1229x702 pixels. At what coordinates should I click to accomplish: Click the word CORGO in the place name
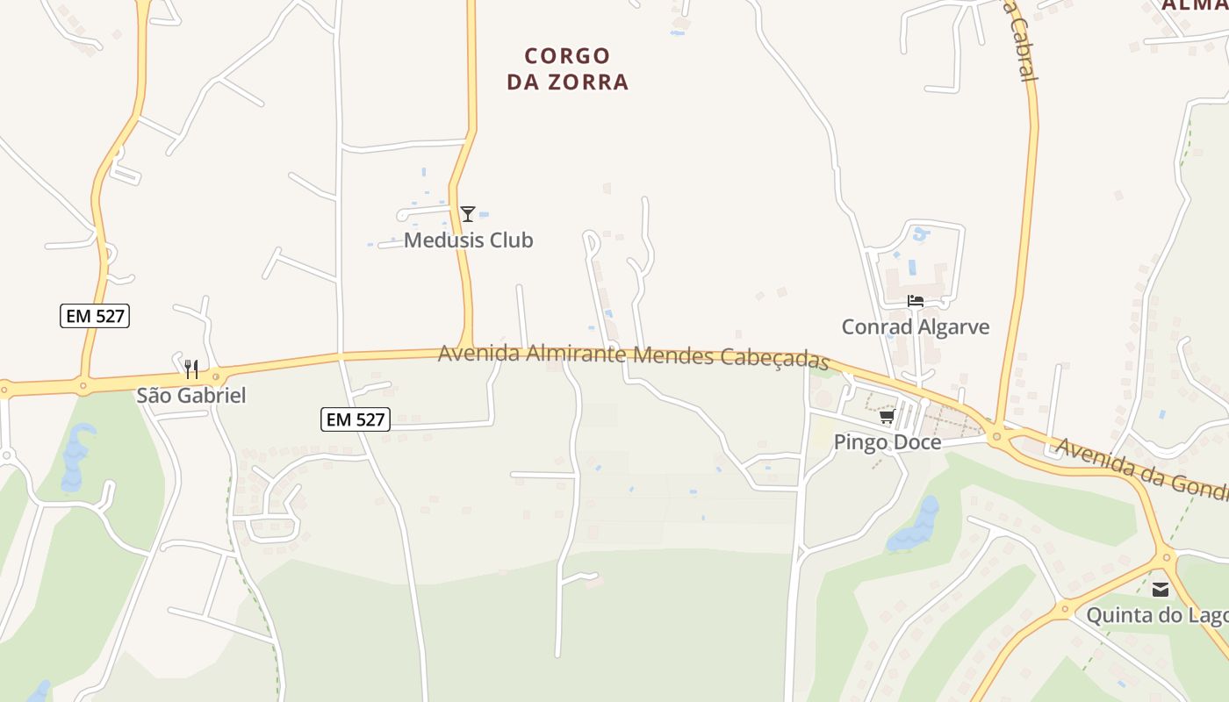(x=567, y=56)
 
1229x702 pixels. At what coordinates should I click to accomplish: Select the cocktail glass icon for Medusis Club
(x=468, y=213)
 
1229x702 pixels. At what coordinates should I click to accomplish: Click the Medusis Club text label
(x=468, y=240)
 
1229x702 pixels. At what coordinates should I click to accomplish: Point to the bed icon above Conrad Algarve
(x=916, y=301)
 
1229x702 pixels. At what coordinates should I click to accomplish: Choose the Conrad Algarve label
(x=916, y=327)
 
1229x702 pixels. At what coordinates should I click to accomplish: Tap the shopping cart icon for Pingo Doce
(x=887, y=416)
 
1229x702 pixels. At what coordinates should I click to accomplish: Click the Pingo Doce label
(x=887, y=442)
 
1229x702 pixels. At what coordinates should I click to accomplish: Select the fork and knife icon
(x=191, y=369)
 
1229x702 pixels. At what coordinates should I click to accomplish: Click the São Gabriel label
(x=191, y=396)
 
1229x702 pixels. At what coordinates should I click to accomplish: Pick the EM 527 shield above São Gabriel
(x=95, y=316)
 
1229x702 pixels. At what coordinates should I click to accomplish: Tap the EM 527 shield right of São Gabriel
(x=355, y=419)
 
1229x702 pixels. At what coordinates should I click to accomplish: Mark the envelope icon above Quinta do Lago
(x=1161, y=590)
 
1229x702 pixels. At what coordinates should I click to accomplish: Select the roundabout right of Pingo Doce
(x=996, y=435)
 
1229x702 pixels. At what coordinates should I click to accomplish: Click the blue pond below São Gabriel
(x=75, y=456)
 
